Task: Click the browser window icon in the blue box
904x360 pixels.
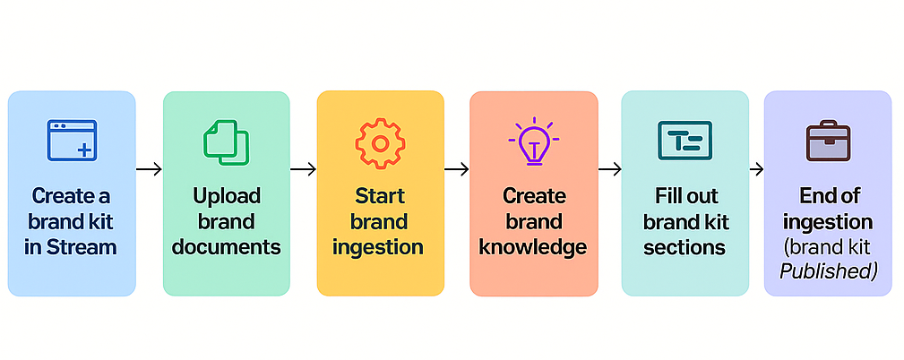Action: click(x=72, y=141)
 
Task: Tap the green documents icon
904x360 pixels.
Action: click(x=226, y=142)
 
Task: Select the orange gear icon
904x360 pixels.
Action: click(x=380, y=142)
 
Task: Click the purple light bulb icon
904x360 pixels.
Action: click(x=533, y=141)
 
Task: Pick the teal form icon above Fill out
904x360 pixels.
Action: click(x=684, y=141)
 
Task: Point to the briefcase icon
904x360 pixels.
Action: click(x=827, y=142)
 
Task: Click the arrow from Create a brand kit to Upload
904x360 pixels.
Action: click(x=149, y=168)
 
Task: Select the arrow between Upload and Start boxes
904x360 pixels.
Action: click(x=303, y=168)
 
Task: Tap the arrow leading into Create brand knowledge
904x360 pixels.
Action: click(x=456, y=168)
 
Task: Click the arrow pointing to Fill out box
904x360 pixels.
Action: click(x=609, y=168)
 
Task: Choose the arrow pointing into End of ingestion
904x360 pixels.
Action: click(x=756, y=168)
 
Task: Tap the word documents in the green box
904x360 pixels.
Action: click(x=226, y=247)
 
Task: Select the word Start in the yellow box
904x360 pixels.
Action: click(x=380, y=195)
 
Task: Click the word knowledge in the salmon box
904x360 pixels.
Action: click(x=533, y=247)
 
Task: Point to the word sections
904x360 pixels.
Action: click(x=684, y=247)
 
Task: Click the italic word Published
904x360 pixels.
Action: click(x=828, y=270)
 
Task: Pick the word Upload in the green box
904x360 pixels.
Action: click(x=226, y=195)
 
